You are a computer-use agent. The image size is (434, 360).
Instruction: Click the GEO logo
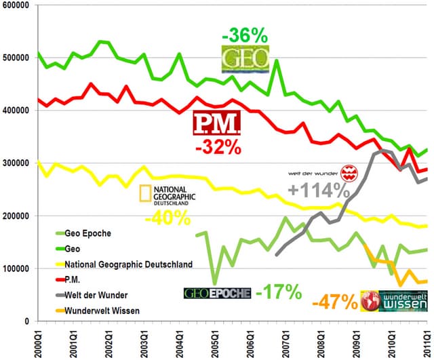pyautogui.click(x=245, y=58)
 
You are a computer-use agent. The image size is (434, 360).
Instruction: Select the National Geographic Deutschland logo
pyautogui.click(x=167, y=194)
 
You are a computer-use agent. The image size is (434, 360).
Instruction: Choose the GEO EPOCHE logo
pyautogui.click(x=217, y=293)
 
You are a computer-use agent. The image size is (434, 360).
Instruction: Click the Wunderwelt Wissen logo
pyautogui.click(x=395, y=302)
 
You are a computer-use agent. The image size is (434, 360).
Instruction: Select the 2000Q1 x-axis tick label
pyautogui.click(x=39, y=342)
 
